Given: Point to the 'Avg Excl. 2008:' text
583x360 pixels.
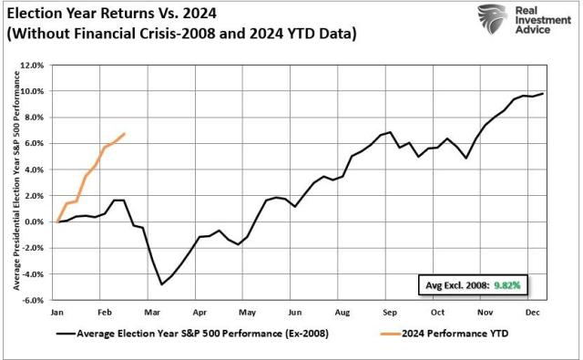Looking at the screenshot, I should click(455, 284).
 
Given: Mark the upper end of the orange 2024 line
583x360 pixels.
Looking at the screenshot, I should click(125, 134).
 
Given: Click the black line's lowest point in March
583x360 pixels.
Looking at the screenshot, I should click(162, 284).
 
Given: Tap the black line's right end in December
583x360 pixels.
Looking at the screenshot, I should click(544, 94).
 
